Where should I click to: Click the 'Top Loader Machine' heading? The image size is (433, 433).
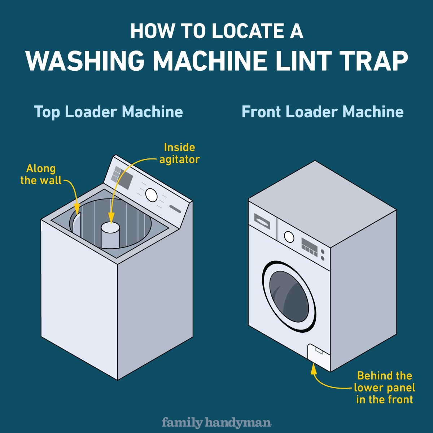(x=108, y=112)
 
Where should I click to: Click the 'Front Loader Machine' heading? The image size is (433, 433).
(x=322, y=112)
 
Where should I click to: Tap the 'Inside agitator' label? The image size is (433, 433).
(x=179, y=153)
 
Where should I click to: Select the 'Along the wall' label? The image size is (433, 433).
(x=41, y=175)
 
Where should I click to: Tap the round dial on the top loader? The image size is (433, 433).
(x=152, y=195)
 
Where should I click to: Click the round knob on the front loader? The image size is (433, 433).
(x=289, y=237)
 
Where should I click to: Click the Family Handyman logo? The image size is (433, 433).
(x=216, y=422)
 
